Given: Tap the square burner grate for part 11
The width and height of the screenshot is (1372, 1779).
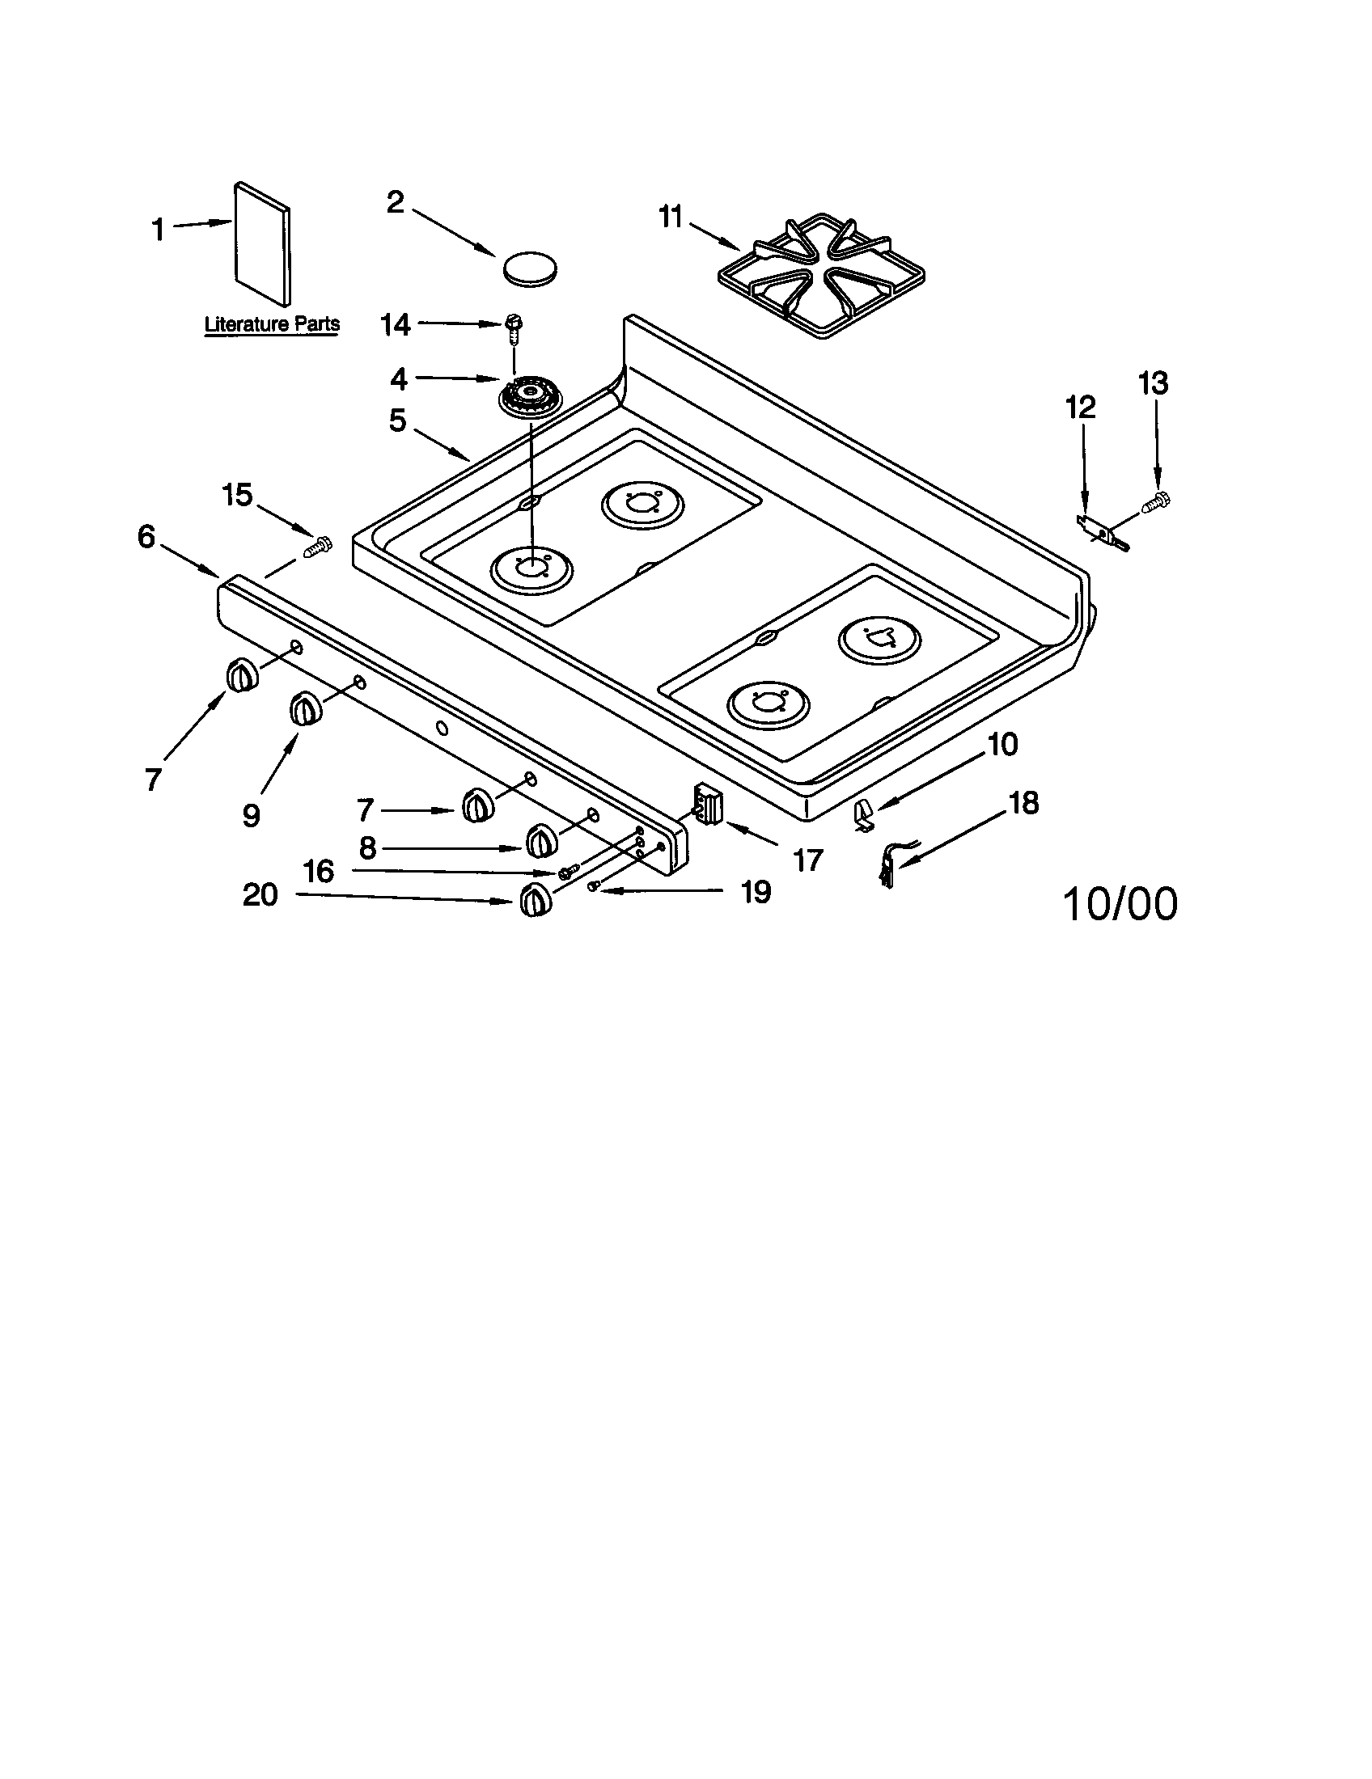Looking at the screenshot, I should coord(820,276).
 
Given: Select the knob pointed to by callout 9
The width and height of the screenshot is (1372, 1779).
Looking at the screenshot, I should coord(305,708).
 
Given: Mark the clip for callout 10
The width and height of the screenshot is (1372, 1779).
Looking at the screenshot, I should coord(864,815).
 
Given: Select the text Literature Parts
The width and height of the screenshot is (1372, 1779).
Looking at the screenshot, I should coord(271,324).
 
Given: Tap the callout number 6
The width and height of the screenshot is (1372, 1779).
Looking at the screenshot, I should coord(146,537).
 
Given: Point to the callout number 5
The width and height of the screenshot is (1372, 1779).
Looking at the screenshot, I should coord(396,421).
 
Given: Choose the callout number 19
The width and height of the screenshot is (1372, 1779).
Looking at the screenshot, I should coord(756,892).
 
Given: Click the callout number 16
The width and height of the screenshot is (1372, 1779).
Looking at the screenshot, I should coord(319,872).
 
